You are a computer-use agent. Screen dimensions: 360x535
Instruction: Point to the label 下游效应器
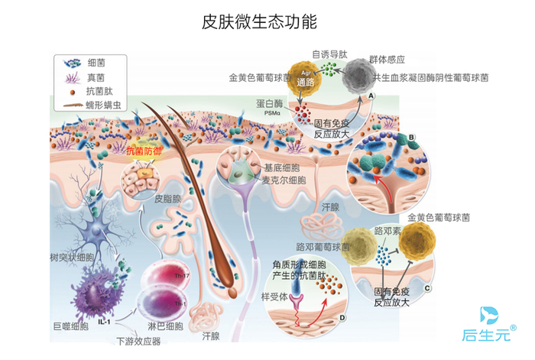[138, 340]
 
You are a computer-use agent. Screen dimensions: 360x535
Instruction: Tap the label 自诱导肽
[329, 55]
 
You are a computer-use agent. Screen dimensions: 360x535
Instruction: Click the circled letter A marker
[371, 96]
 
